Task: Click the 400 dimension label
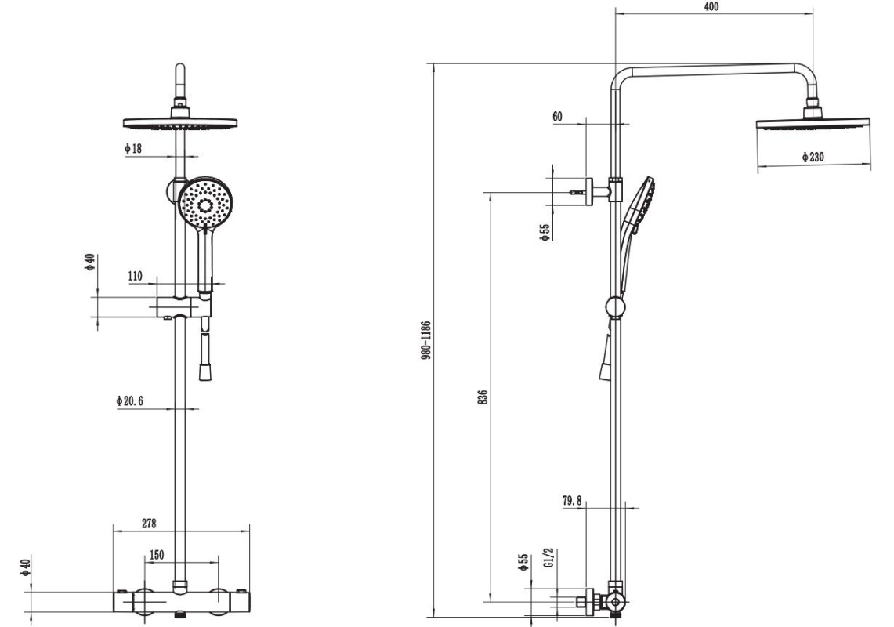(x=711, y=6)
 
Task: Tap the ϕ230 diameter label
(x=813, y=156)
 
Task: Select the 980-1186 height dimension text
(x=426, y=340)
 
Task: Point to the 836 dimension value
(x=483, y=397)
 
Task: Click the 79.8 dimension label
(x=572, y=501)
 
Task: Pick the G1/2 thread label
(x=548, y=559)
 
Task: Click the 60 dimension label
(x=557, y=116)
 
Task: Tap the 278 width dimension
(x=148, y=523)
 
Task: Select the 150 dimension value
(x=156, y=555)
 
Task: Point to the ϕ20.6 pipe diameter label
(x=128, y=401)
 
